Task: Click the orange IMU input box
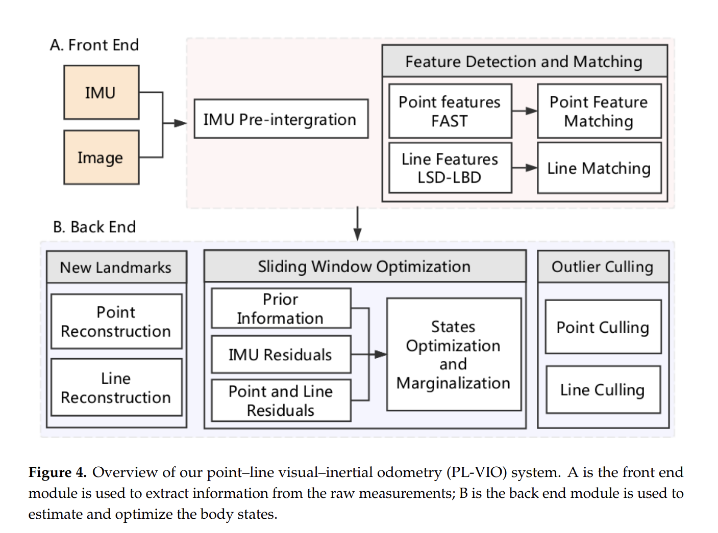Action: pos(101,92)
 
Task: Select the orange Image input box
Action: pos(101,157)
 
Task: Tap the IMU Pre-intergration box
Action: pos(281,119)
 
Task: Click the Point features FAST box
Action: pos(450,111)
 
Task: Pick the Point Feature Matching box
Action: pos(599,111)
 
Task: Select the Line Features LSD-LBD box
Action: pos(450,168)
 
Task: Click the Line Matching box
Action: pos(599,168)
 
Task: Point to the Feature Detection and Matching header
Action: pos(524,62)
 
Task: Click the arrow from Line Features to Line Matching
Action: pos(525,168)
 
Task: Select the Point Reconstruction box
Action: pos(116,322)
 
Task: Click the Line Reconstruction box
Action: pos(116,387)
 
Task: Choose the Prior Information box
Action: pos(281,308)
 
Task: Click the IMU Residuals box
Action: pos(281,354)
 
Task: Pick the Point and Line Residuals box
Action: pos(281,401)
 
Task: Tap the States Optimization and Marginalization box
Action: pos(454,354)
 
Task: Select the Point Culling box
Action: pos(603,327)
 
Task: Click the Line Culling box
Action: pos(603,389)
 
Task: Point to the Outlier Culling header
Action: pos(603,266)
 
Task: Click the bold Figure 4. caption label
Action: pos(58,472)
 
